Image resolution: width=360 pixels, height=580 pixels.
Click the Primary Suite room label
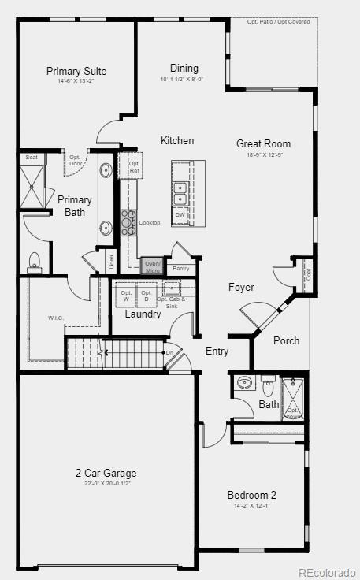[x=76, y=72]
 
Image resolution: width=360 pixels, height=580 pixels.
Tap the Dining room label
[x=184, y=69]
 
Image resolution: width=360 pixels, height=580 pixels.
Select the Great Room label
[x=263, y=143]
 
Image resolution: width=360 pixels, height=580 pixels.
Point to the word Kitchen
[x=177, y=140]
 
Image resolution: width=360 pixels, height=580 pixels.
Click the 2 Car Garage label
[x=106, y=474]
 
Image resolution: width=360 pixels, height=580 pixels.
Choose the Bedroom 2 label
[x=251, y=495]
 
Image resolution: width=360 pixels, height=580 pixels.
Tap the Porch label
[x=286, y=340]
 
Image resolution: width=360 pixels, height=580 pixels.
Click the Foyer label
[x=241, y=287]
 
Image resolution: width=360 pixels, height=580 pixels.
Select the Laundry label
[x=143, y=314]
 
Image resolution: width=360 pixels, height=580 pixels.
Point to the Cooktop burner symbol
[x=128, y=222]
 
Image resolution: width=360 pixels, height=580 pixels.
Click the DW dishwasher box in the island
[x=180, y=214]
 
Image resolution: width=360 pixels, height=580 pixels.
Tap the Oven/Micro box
[x=153, y=267]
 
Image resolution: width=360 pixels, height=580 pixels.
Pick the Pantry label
[x=180, y=269]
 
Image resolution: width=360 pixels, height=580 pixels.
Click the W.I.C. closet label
[x=55, y=318]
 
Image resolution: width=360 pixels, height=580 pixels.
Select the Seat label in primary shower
[x=32, y=158]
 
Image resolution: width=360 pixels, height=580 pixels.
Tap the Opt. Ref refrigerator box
[x=134, y=167]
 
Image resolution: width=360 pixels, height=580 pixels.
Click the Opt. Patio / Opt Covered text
[x=278, y=22]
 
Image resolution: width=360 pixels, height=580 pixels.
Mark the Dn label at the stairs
[x=169, y=352]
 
